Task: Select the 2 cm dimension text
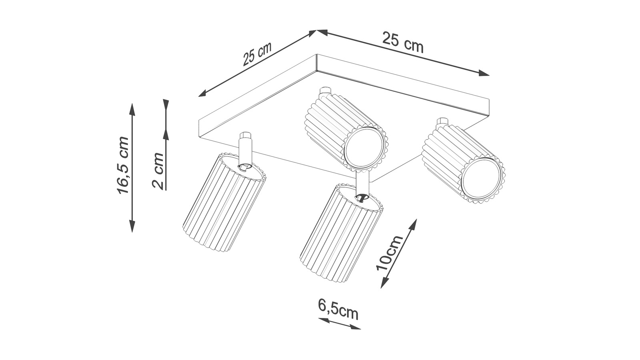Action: click(158, 171)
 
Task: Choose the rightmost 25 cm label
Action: click(403, 42)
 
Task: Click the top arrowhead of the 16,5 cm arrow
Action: click(132, 109)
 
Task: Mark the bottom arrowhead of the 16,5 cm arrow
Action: click(132, 226)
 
